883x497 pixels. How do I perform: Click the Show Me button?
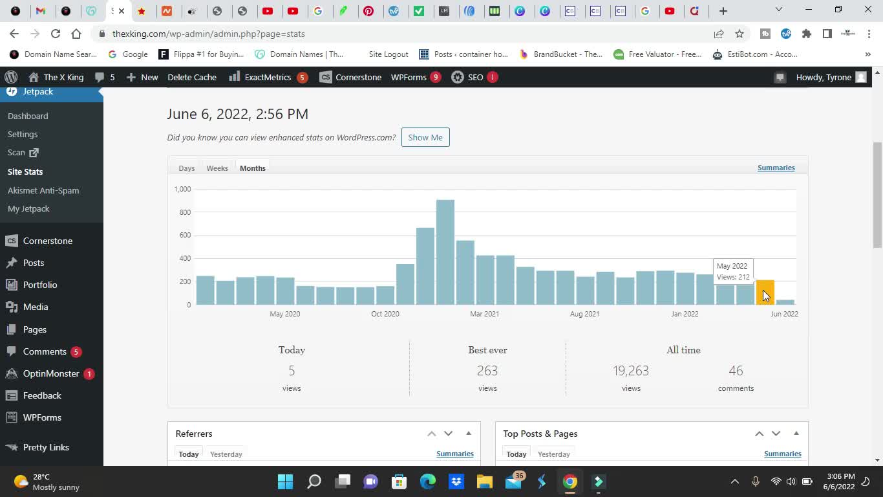tap(425, 137)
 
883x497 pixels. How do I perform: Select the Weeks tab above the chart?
tap(217, 168)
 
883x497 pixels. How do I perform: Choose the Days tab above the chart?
tap(187, 168)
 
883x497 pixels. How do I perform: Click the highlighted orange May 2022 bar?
tap(765, 293)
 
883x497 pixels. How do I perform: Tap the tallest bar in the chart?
tap(445, 252)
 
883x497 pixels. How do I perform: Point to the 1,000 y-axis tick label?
tap(182, 189)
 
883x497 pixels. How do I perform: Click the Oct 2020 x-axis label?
tap(385, 314)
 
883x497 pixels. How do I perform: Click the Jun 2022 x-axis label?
tap(784, 314)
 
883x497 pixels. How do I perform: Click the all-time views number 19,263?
tap(631, 371)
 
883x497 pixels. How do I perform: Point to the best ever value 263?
tap(487, 371)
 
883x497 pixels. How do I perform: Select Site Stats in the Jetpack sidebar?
tap(25, 171)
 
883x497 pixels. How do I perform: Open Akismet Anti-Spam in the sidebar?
tap(43, 190)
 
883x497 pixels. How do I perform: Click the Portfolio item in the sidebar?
tap(40, 285)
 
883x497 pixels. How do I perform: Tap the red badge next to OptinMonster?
tap(89, 374)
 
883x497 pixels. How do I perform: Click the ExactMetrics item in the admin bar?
tap(268, 77)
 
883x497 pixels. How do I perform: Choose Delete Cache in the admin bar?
tap(192, 77)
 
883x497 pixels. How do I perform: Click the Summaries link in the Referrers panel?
tap(455, 454)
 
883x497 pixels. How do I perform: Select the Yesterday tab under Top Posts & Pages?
tap(554, 454)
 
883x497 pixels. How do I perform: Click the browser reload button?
tap(56, 34)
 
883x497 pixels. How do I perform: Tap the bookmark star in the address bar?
tap(739, 34)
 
